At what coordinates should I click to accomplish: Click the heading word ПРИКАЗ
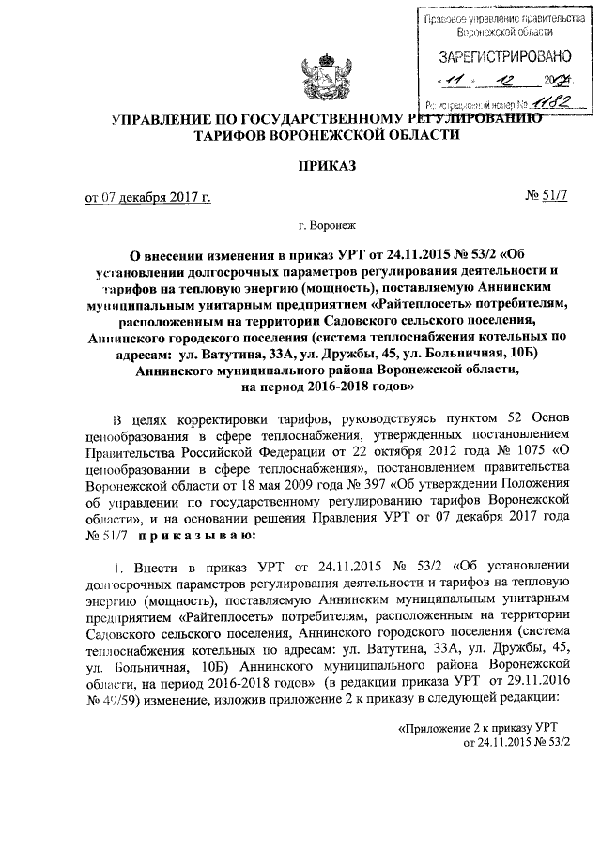(x=326, y=166)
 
